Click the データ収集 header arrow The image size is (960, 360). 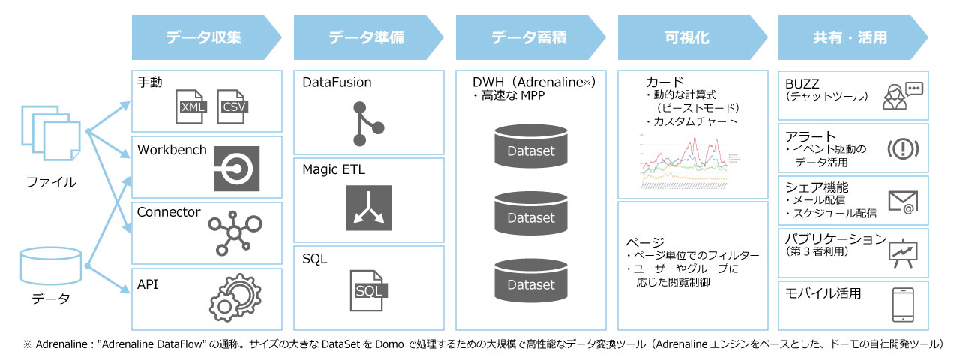click(202, 37)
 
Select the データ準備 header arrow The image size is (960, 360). click(366, 37)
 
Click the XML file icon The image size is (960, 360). click(191, 107)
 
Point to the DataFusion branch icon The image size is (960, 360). click(364, 123)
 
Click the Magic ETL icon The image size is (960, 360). click(368, 208)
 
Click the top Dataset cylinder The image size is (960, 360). click(530, 147)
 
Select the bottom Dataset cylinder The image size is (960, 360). click(530, 280)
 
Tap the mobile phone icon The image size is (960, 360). click(902, 304)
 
